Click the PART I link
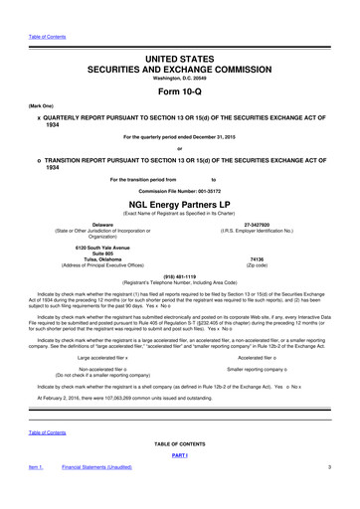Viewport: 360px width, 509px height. [180, 484]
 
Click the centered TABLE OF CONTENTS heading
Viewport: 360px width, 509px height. [180, 472]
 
